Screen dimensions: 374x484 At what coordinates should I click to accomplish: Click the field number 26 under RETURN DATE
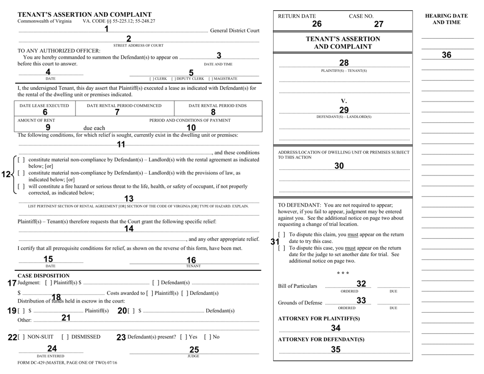[x=317, y=23]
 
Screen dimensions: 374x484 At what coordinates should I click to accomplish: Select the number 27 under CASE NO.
[x=378, y=23]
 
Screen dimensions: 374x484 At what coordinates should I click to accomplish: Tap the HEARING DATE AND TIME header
[x=446, y=19]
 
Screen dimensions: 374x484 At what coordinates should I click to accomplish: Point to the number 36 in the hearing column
[x=446, y=55]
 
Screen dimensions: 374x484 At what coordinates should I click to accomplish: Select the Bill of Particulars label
[x=298, y=286]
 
